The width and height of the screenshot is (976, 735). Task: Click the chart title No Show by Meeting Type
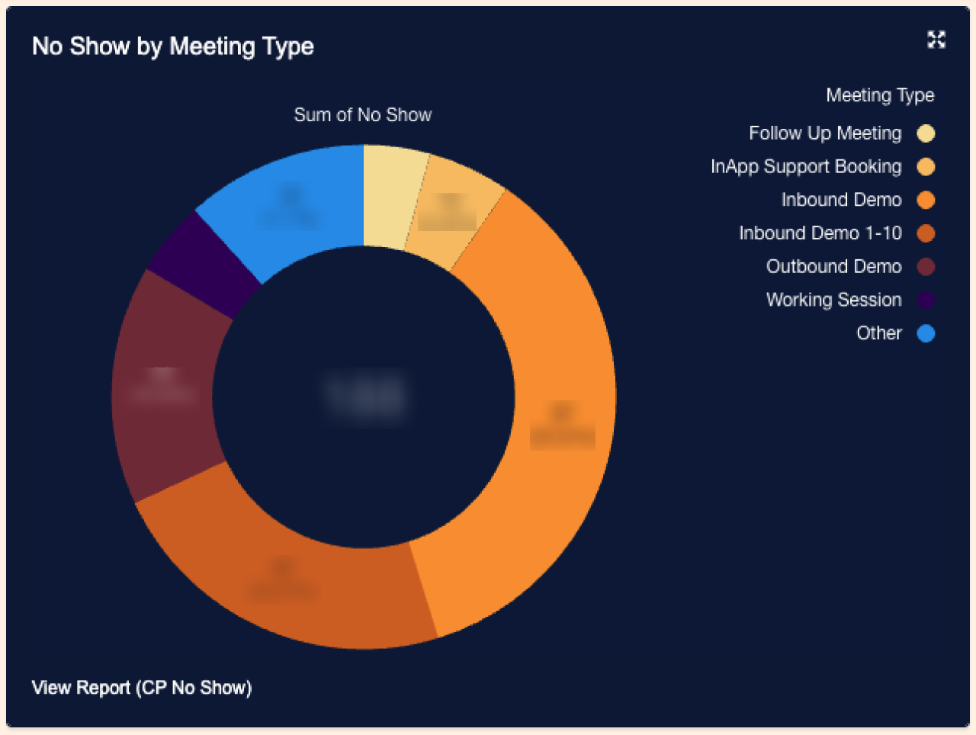point(173,47)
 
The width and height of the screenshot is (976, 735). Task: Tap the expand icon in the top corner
point(936,40)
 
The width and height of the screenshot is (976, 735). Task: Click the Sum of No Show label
point(363,115)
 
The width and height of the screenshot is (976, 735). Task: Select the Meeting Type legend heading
point(880,95)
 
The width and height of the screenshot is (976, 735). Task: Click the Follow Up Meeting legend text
point(825,133)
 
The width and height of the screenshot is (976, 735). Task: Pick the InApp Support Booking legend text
point(806,167)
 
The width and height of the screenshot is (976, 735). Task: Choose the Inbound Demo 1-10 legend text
point(820,233)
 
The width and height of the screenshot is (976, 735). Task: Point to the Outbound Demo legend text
point(834,267)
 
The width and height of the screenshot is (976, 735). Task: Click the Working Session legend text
point(834,300)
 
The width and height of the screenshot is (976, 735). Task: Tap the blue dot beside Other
point(926,334)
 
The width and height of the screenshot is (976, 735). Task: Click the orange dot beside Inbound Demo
point(926,201)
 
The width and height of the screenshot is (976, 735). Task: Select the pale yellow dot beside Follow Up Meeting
point(926,134)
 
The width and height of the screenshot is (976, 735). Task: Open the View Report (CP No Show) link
point(142,688)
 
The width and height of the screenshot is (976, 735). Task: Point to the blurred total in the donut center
point(364,395)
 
